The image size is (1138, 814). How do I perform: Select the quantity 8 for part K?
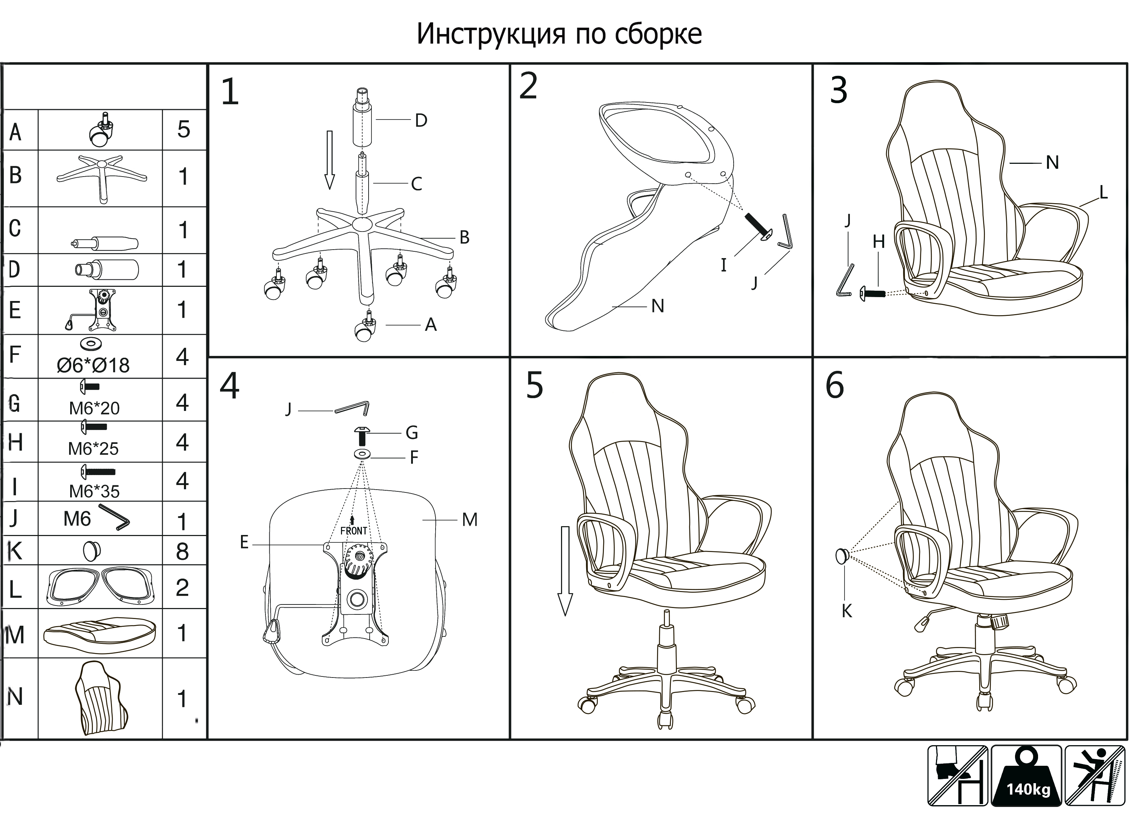click(x=183, y=551)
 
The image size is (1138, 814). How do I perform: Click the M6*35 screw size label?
click(x=94, y=491)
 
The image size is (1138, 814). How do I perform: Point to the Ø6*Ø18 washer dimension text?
click(x=93, y=366)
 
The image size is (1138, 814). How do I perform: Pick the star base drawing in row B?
click(x=102, y=177)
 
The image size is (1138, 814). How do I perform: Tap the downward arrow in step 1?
click(x=329, y=160)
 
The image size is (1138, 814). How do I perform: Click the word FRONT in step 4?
click(x=354, y=531)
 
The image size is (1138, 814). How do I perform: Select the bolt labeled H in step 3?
click(x=873, y=293)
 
